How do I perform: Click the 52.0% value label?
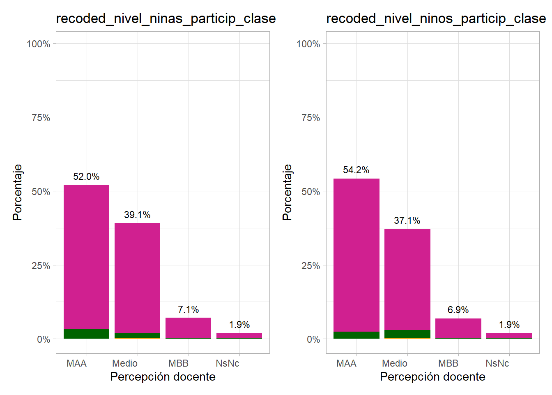click(86, 177)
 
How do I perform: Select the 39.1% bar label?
click(137, 215)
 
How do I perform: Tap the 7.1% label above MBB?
click(188, 309)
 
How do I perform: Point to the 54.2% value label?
click(356, 170)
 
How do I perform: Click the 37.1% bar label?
click(407, 221)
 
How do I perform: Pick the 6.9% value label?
click(458, 310)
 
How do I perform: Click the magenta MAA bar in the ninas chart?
click(86, 255)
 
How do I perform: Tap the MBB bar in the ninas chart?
click(188, 328)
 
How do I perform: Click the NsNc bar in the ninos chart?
click(509, 335)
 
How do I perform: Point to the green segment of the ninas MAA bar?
click(86, 334)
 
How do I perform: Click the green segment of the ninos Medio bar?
click(407, 334)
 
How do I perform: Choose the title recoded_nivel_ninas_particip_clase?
click(166, 19)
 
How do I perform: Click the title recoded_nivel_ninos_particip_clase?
click(436, 19)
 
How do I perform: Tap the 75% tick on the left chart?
click(41, 118)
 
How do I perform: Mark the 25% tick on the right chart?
click(310, 266)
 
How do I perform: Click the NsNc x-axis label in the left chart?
click(227, 363)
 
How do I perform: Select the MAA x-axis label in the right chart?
click(346, 363)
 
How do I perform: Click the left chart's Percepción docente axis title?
click(163, 376)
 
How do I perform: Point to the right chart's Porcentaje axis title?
click(287, 192)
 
